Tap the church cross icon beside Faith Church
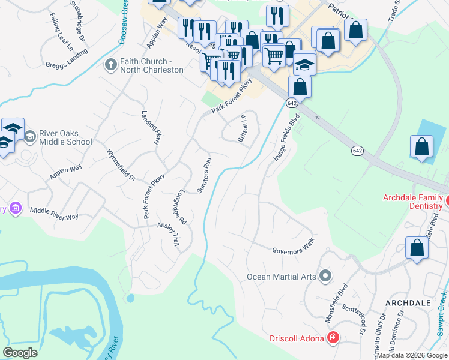pos(110,65)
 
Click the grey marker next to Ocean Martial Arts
pos(325,276)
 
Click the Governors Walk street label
pos(293,251)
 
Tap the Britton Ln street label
pos(243,128)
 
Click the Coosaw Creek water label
pos(125,17)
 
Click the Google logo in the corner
pos(20,353)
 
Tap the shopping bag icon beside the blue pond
pos(421,147)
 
